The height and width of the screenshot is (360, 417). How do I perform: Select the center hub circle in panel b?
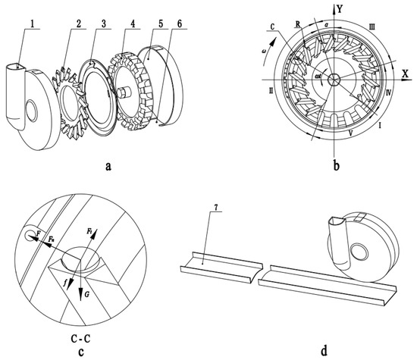331,80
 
